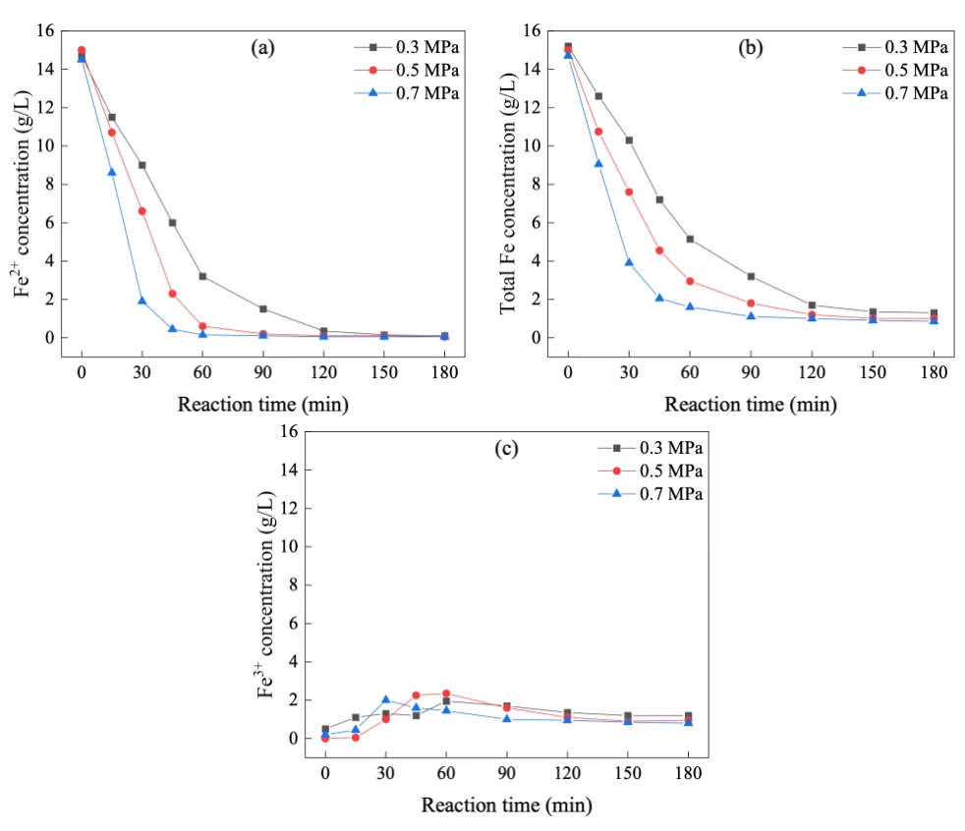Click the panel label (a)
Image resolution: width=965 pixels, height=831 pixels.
(x=262, y=47)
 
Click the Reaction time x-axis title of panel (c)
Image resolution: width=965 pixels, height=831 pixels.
(x=506, y=805)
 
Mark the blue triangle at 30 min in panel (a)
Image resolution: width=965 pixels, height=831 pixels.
(x=142, y=301)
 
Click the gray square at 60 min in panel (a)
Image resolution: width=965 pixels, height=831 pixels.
(x=202, y=277)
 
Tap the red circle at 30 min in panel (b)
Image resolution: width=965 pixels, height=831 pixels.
(x=629, y=192)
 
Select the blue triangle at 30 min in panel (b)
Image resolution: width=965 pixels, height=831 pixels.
(x=629, y=262)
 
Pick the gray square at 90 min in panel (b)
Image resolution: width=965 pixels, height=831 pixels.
(x=751, y=277)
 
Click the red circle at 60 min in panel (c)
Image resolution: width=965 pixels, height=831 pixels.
(x=446, y=693)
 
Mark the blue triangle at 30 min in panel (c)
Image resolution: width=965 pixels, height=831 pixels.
(x=385, y=699)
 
